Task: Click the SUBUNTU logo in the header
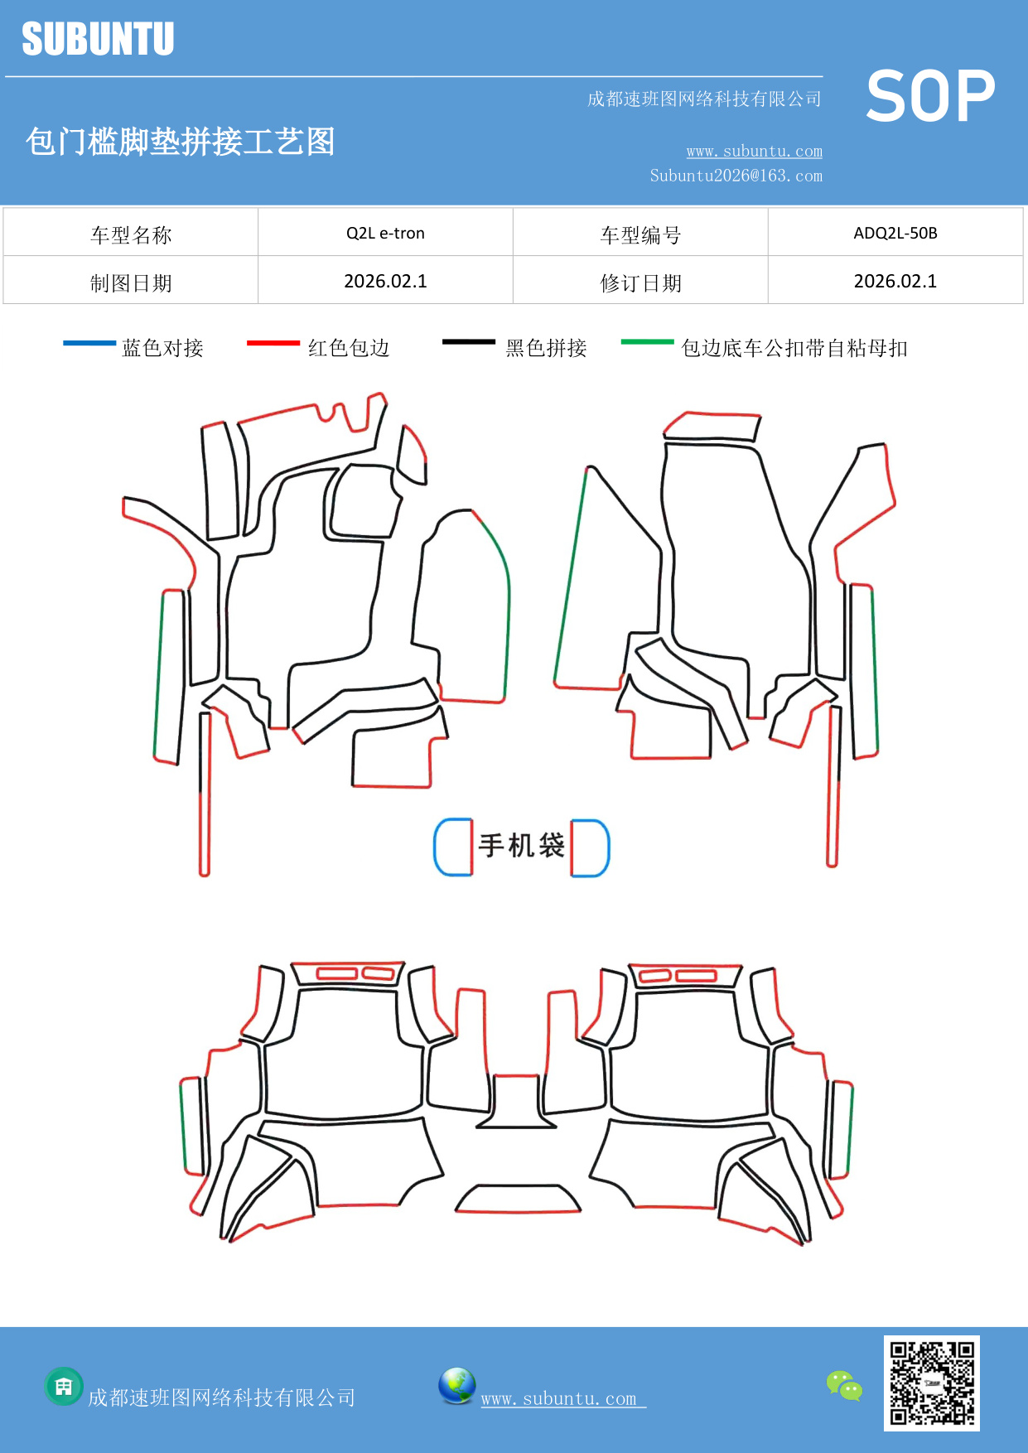[x=98, y=39]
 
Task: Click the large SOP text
[x=930, y=96]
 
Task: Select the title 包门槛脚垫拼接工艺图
[x=180, y=142]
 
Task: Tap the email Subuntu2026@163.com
[x=736, y=176]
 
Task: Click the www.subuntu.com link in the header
[x=754, y=152]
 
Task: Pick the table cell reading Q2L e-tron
[x=385, y=233]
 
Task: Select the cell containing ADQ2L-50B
[x=895, y=233]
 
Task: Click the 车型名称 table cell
[x=131, y=235]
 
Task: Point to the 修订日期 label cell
[x=640, y=283]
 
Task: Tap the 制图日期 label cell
[x=131, y=283]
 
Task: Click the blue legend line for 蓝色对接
[x=89, y=343]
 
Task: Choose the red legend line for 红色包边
[x=273, y=343]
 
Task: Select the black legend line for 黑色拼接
[x=468, y=341]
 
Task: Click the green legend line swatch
[x=647, y=341]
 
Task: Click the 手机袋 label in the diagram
[x=521, y=846]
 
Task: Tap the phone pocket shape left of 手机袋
[x=453, y=847]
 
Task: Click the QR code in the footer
[x=931, y=1383]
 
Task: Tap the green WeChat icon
[x=844, y=1386]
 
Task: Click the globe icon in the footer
[x=456, y=1386]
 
